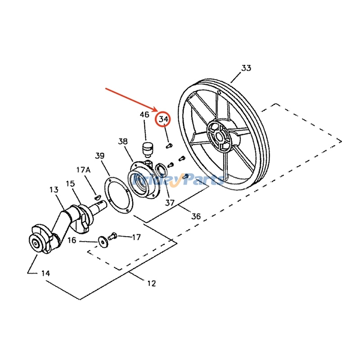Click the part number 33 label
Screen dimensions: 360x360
[x=246, y=68]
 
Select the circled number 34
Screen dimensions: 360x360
[x=163, y=120]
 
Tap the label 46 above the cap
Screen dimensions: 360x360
[x=144, y=115]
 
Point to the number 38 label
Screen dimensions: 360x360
[x=123, y=141]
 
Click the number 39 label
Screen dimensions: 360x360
[x=100, y=156]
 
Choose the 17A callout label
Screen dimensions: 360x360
[x=83, y=170]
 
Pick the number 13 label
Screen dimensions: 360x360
[x=54, y=190]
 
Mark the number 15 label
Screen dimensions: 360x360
[x=70, y=184]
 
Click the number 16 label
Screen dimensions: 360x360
[x=72, y=241]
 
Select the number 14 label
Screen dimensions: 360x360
[x=45, y=273]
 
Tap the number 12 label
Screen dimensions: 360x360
[x=151, y=283]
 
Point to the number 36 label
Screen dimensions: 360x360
[x=196, y=216]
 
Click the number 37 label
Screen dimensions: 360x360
[x=169, y=202]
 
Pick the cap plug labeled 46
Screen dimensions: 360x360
[x=146, y=147]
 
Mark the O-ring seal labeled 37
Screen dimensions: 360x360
[x=160, y=170]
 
